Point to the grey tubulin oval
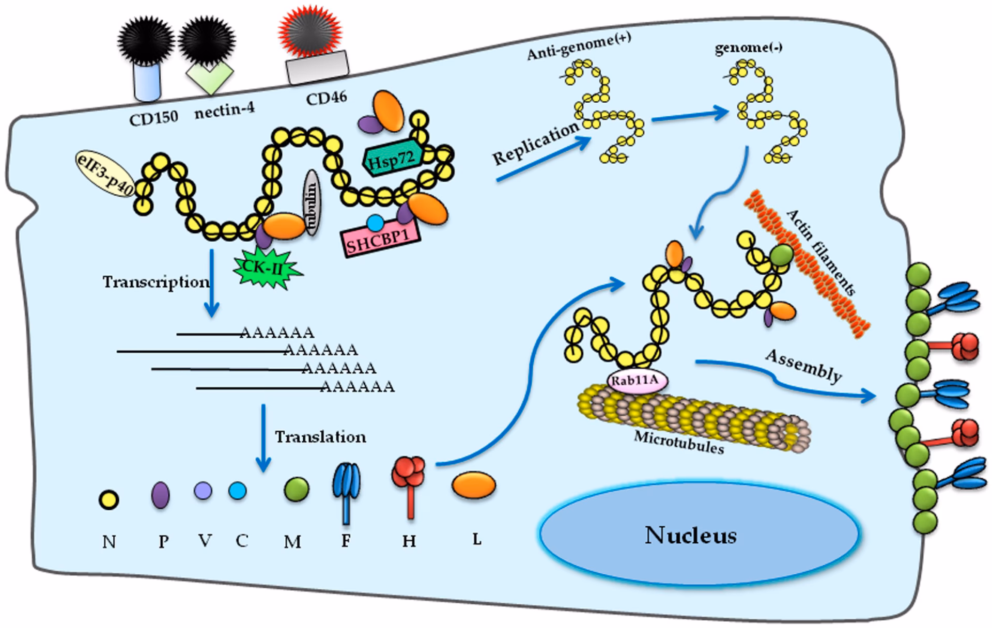click(312, 203)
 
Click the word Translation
click(320, 437)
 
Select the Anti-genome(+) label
click(579, 46)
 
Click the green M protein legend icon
click(297, 489)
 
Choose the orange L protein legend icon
click(474, 485)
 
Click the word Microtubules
click(679, 442)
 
